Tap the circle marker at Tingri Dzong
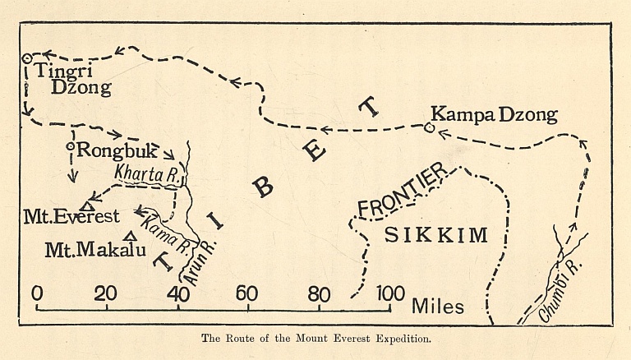tap(27, 58)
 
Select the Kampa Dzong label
tap(495, 114)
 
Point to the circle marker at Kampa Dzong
tap(429, 127)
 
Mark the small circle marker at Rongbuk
tap(71, 148)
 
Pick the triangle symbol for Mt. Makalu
tap(126, 235)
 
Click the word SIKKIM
tap(436, 235)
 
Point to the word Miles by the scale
tap(438, 307)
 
